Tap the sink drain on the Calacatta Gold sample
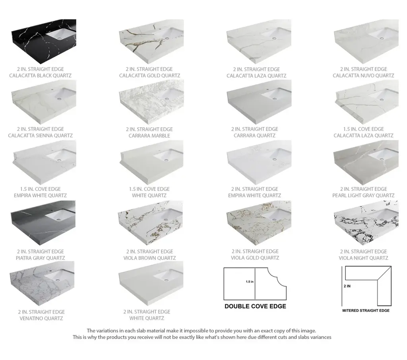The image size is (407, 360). click(x=166, y=38)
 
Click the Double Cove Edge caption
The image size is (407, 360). click(x=255, y=306)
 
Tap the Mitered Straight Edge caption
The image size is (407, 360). click(x=366, y=310)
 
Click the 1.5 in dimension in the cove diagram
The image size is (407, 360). click(x=250, y=282)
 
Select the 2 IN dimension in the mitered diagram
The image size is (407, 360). click(x=347, y=286)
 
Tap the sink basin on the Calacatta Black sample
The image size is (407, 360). click(x=61, y=34)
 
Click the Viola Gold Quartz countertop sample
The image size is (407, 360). click(x=259, y=223)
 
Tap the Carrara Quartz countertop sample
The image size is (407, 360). click(x=259, y=102)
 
